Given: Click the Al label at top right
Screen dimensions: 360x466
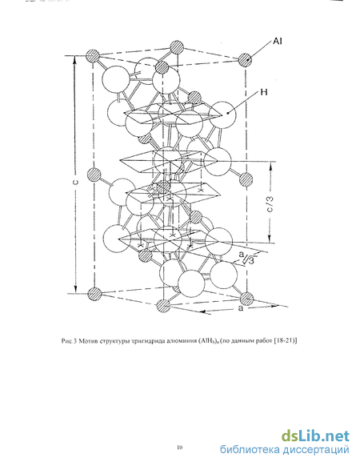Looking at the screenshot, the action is coord(277,41).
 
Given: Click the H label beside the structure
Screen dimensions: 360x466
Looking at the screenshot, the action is coord(264,92).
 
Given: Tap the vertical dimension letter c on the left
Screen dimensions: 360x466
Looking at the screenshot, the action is coord(76,182).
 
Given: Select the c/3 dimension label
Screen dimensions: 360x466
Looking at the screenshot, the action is coord(270,204).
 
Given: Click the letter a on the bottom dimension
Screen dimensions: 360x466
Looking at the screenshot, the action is coord(241,308).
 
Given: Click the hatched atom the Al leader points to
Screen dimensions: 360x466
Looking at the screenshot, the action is coord(246,60).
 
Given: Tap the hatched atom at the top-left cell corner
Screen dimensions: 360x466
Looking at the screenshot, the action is coord(93,56).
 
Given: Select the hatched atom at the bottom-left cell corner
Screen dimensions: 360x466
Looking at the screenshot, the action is coord(94,294).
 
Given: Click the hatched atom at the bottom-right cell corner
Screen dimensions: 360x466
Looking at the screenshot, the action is coord(246,299).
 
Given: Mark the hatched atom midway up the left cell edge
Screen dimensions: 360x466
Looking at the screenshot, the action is coord(94,175).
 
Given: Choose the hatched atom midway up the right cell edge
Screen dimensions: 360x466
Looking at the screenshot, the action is coord(246,179).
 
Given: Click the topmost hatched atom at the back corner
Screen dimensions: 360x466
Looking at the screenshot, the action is coord(177,47).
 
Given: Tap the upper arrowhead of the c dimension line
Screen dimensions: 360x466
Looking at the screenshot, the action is coord(75,58).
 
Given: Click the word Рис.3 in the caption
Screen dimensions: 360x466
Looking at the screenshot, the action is coord(70,341).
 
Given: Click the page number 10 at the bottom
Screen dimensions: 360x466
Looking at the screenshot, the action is coord(180,447).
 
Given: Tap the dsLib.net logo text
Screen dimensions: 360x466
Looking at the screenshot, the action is coord(315,436).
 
